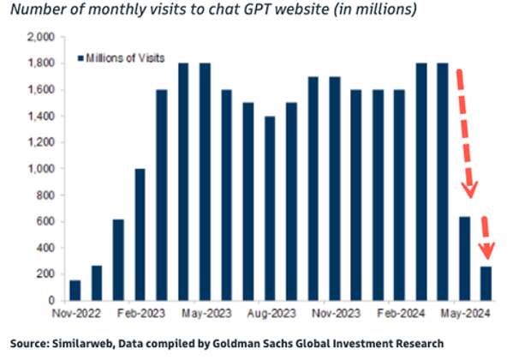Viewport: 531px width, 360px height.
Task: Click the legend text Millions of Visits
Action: pos(122,58)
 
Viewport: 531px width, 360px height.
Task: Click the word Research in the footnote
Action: pos(420,343)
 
